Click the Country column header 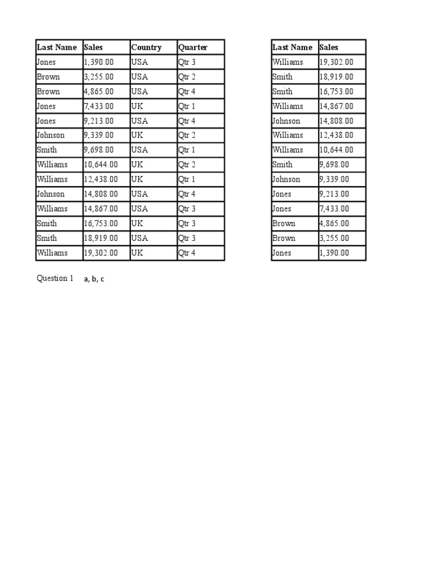tap(146, 47)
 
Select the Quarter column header tap(193, 47)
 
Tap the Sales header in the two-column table tap(329, 47)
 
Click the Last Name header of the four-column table tap(56, 47)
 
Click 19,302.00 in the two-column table tap(336, 62)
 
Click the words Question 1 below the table tap(55, 278)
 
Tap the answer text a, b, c tap(94, 279)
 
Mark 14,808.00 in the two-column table tap(336, 121)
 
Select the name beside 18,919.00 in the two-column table tap(283, 77)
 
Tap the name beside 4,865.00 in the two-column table tap(284, 223)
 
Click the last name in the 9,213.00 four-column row tap(46, 121)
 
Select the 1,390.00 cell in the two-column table tap(334, 253)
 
